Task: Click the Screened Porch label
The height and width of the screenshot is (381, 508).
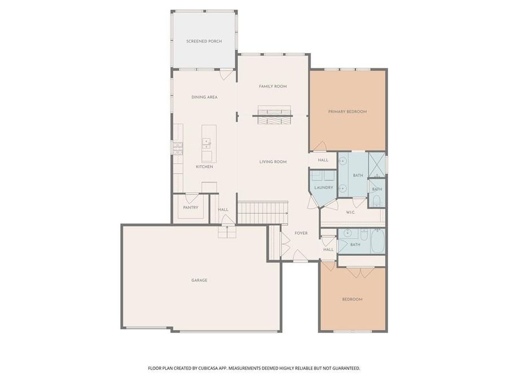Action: (x=204, y=41)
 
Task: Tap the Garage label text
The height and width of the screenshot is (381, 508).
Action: (x=199, y=280)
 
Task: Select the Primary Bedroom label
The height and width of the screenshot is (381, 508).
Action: (x=347, y=112)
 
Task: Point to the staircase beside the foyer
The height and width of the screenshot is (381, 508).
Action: (x=262, y=212)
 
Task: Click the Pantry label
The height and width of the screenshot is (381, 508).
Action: (x=190, y=208)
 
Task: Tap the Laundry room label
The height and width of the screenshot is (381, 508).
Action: (x=324, y=187)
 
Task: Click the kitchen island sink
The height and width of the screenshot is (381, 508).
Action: (x=207, y=141)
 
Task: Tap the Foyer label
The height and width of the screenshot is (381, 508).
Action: (x=301, y=233)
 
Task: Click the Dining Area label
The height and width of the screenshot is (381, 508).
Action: (x=204, y=97)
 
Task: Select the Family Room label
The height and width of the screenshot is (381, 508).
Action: (x=273, y=86)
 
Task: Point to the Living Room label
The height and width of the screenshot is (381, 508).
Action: (x=273, y=162)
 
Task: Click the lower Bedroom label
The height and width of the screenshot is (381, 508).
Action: (x=352, y=299)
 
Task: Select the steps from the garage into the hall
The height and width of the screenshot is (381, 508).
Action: (x=227, y=232)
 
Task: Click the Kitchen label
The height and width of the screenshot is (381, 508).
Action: (x=204, y=167)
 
